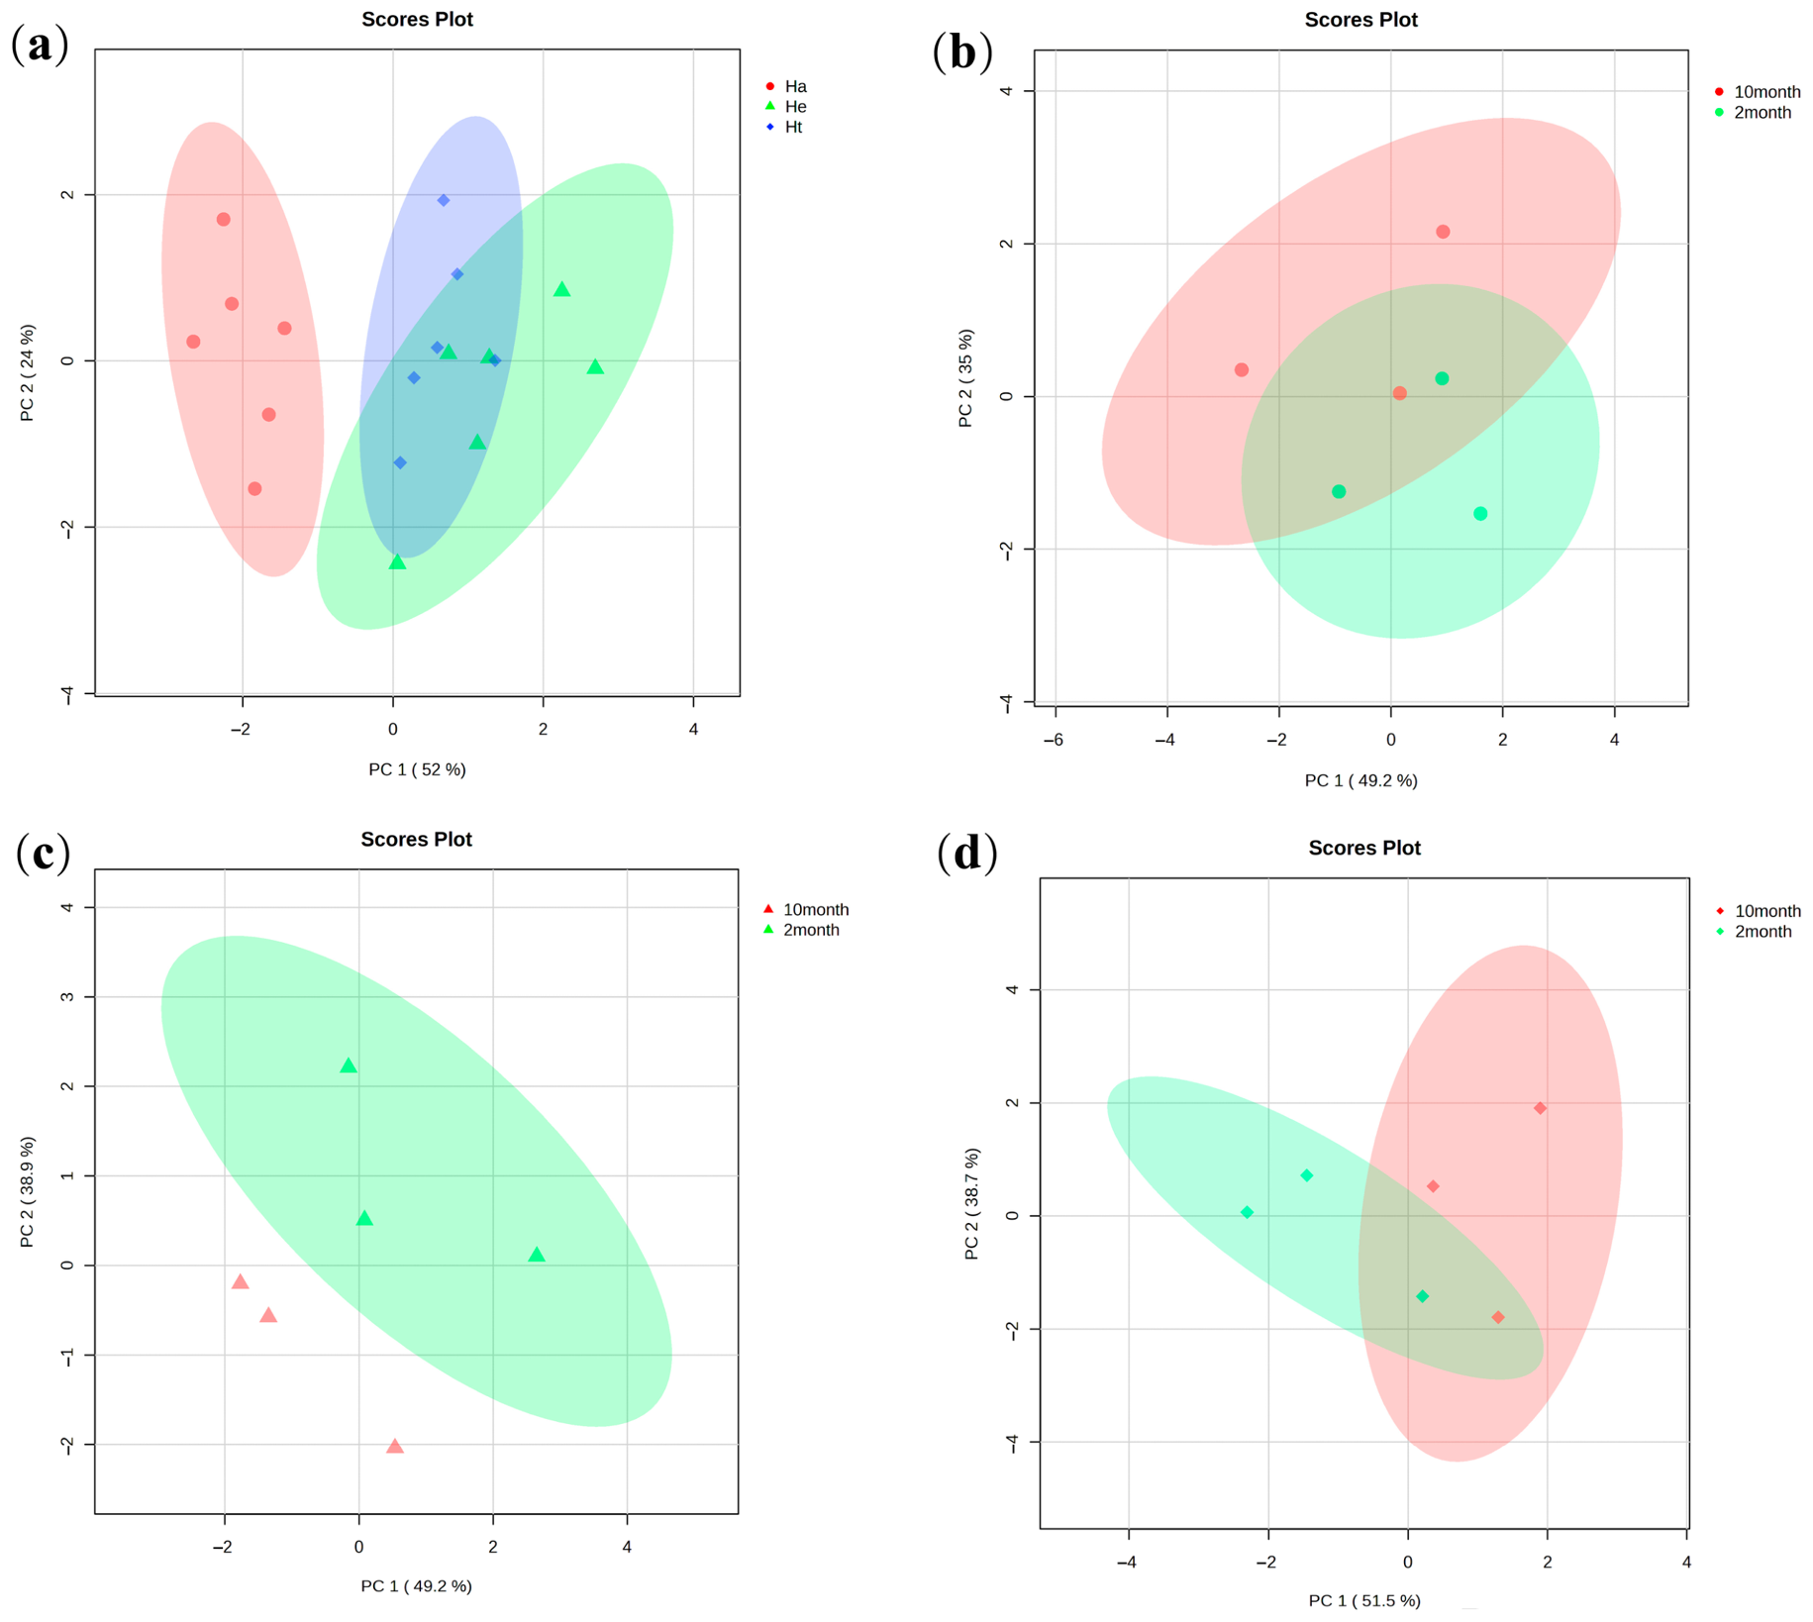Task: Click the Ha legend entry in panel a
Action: [786, 86]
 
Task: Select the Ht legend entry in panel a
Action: [784, 127]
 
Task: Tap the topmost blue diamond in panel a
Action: [444, 200]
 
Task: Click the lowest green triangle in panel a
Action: [397, 561]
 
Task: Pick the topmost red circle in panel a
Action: [224, 219]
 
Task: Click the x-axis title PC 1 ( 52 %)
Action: [417, 769]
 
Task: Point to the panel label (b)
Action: [962, 51]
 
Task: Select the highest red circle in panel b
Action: [1443, 232]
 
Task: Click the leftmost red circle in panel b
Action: [1242, 369]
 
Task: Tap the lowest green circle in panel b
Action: [1480, 513]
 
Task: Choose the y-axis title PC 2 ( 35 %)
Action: [965, 378]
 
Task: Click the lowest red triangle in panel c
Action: [394, 1446]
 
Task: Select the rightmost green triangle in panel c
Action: [537, 1255]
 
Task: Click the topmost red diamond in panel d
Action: [1540, 1108]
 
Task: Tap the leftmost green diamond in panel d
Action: [1247, 1212]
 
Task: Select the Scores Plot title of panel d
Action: [1364, 848]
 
